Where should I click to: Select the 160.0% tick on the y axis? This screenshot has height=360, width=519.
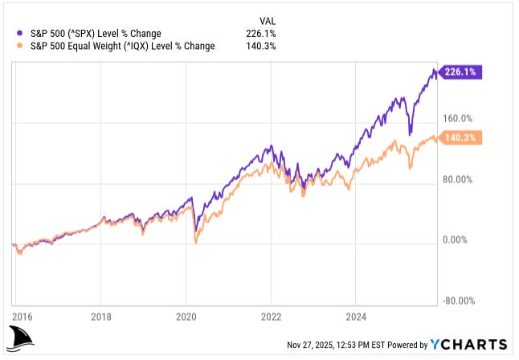coord(460,118)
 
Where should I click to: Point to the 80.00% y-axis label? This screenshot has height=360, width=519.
coord(461,179)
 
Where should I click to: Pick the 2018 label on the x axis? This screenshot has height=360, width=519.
coord(100,316)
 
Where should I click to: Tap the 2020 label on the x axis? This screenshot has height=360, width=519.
coord(186,316)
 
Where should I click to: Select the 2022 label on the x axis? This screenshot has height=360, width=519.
coord(272,316)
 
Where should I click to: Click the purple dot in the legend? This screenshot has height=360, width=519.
coord(18,33)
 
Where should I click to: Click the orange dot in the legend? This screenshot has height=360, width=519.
coord(18,46)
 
